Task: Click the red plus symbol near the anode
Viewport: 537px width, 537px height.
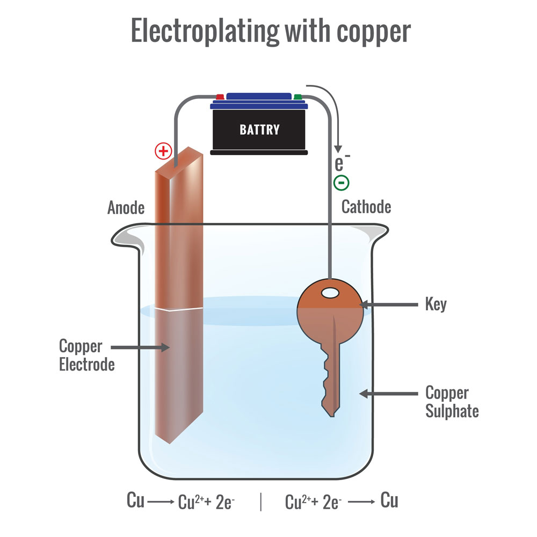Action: [x=163, y=151]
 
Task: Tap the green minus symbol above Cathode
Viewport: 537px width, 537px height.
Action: [x=342, y=183]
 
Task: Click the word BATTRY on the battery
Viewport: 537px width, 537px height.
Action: [x=259, y=129]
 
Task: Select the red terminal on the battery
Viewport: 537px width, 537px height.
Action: [x=220, y=97]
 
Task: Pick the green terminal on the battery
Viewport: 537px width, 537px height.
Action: [x=297, y=97]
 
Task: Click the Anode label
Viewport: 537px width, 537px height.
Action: [x=126, y=207]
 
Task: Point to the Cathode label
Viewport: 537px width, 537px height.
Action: [x=366, y=207]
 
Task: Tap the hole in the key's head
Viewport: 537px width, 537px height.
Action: [x=330, y=293]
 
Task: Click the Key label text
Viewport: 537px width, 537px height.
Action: [x=436, y=304]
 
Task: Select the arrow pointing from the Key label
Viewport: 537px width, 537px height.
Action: [x=388, y=304]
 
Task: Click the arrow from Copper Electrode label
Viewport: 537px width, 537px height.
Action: [x=140, y=347]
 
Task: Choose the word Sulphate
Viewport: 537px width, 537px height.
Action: [x=452, y=411]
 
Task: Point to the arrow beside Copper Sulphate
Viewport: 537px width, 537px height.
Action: [x=388, y=394]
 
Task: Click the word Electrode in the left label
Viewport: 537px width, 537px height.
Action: [x=87, y=364]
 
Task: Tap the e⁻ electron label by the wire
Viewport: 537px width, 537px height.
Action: [x=342, y=163]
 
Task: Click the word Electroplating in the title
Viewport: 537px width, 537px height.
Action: [x=205, y=32]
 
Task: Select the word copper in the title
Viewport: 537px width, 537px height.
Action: [x=374, y=33]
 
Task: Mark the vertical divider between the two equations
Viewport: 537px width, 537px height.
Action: [x=261, y=502]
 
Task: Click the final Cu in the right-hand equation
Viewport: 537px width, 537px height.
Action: [x=389, y=500]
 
